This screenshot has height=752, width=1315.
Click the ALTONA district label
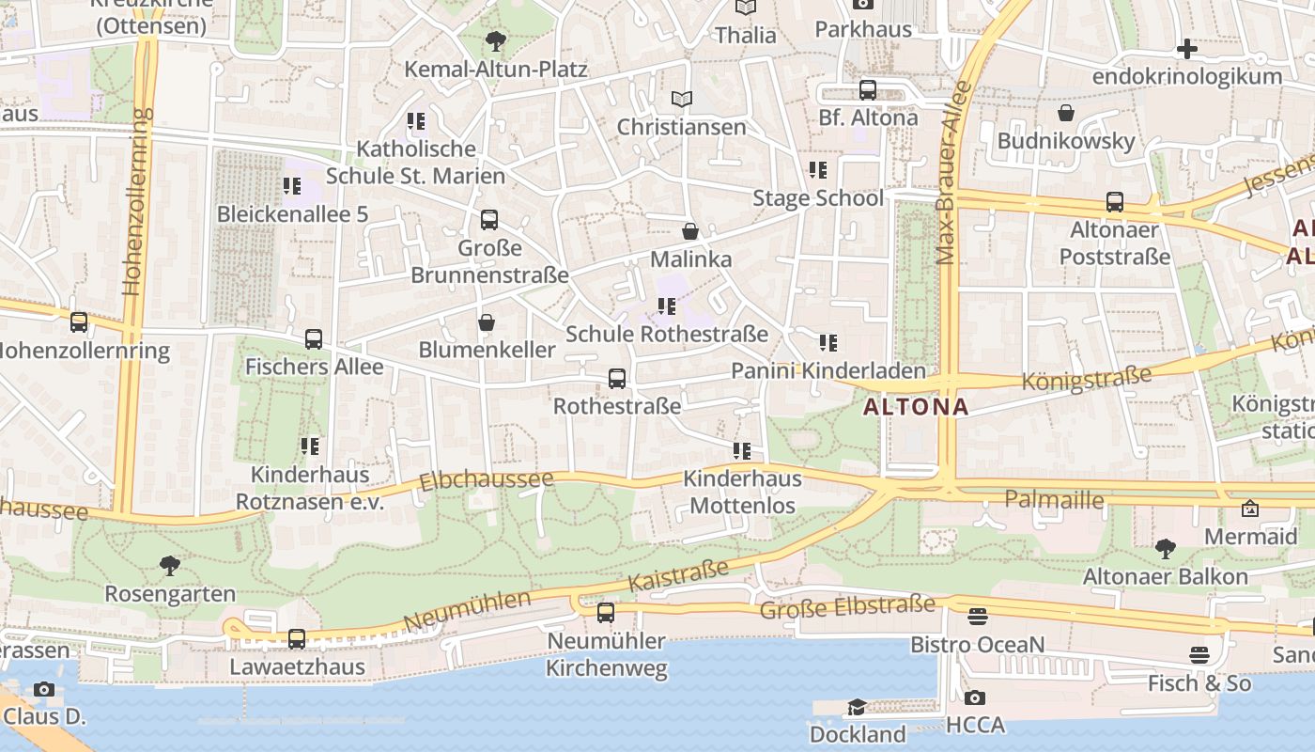click(x=915, y=407)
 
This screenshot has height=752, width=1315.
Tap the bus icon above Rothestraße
click(x=617, y=379)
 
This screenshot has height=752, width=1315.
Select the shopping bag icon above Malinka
click(x=690, y=231)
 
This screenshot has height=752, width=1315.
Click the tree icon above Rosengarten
click(x=170, y=566)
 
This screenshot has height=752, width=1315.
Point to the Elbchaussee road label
click(x=486, y=480)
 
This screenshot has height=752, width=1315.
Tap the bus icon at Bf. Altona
click(x=868, y=90)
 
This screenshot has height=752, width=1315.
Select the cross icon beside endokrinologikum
click(x=1187, y=49)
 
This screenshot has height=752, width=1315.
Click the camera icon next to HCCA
click(x=975, y=698)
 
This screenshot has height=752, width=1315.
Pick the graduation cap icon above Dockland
click(x=857, y=707)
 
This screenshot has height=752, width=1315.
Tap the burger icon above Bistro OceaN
click(x=978, y=618)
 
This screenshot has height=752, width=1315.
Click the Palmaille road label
click(x=1054, y=499)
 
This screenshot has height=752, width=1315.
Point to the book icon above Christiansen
click(x=682, y=99)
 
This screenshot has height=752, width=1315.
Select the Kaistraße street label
click(x=678, y=576)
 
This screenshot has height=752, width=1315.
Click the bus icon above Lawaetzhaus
click(x=297, y=639)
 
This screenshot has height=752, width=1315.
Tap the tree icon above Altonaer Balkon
click(x=1166, y=548)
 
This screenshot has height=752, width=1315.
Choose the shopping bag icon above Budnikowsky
click(x=1066, y=114)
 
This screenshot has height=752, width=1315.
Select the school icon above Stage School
click(x=818, y=170)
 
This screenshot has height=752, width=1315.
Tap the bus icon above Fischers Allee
click(x=314, y=339)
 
